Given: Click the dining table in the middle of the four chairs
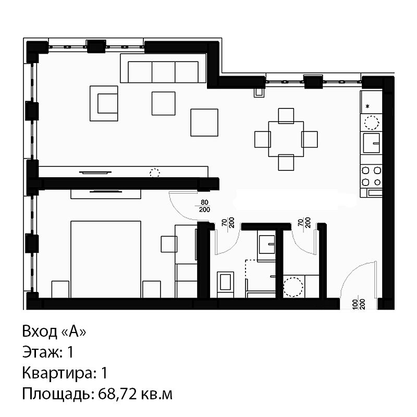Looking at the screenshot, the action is coord(286,139).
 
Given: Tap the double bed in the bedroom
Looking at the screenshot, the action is coord(106,259).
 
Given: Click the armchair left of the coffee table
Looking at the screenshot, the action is coord(104,103).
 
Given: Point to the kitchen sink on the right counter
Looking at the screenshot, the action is coord(371,143).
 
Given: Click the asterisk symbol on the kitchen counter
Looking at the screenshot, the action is coord(368,107).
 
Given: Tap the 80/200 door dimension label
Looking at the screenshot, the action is coord(204,206).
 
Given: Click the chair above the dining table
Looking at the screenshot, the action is coord(286,116).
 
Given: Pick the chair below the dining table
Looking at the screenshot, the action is coord(286,163).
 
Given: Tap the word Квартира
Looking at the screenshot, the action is coord(57,373).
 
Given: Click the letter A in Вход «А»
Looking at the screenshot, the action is coord(73,332).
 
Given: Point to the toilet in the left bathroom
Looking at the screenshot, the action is coord(226,284).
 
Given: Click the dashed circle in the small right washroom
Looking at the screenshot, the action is coord(293,287).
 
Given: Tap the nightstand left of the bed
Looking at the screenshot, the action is coord(60,289).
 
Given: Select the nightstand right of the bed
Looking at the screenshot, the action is coord(152,289).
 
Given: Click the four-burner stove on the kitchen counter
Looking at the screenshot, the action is coord(371,176).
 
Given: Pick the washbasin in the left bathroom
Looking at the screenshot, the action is coord(266,244).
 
